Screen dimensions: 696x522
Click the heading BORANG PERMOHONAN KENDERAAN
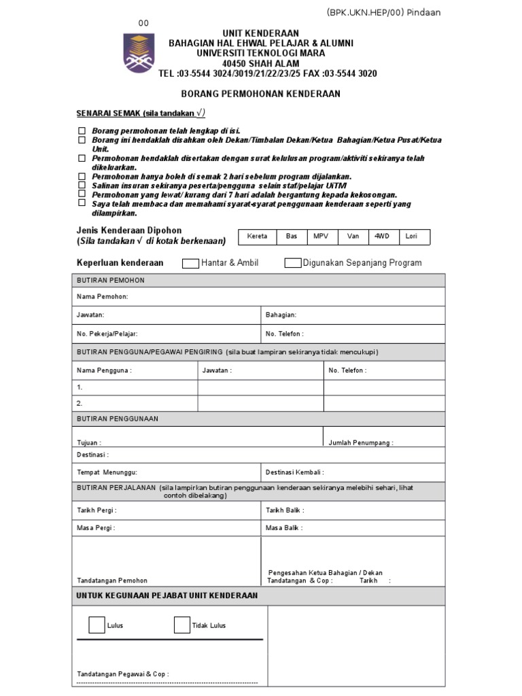pyautogui.click(x=260, y=94)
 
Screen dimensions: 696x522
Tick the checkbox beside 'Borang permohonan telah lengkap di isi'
pyautogui.click(x=82, y=130)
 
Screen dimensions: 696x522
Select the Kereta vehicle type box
pyautogui.click(x=257, y=237)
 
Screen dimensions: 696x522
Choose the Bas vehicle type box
pyautogui.click(x=291, y=237)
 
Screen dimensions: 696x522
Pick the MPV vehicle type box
pyautogui.click(x=320, y=237)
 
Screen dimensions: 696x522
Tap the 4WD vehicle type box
pyautogui.click(x=383, y=237)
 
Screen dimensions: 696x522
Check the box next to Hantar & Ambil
pyautogui.click(x=191, y=263)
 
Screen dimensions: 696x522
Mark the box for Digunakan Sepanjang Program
pyautogui.click(x=293, y=263)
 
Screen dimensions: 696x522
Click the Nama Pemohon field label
pyautogui.click(x=102, y=297)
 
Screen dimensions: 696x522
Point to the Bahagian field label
pyautogui.click(x=281, y=315)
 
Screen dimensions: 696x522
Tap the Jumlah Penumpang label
pyautogui.click(x=360, y=442)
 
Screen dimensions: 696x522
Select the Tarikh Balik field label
pyautogui.click(x=285, y=510)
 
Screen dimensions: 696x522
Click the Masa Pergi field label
pyautogui.click(x=96, y=527)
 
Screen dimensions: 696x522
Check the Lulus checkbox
pyautogui.click(x=97, y=625)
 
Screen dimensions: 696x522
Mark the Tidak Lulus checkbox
pyautogui.click(x=181, y=625)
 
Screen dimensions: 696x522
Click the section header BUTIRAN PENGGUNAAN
pyautogui.click(x=117, y=419)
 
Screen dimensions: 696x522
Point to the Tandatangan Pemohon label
pyautogui.click(x=111, y=580)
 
